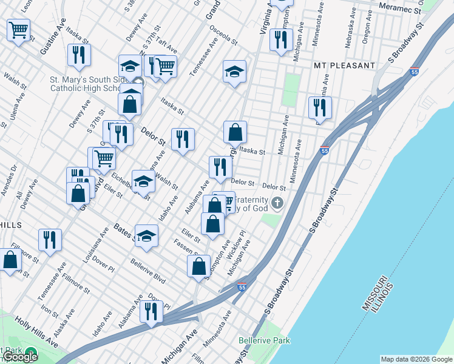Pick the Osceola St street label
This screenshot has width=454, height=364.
pyautogui.click(x=223, y=36)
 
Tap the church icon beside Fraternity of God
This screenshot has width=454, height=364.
pyautogui.click(x=277, y=203)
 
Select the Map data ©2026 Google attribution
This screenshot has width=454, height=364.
pyautogui.click(x=416, y=359)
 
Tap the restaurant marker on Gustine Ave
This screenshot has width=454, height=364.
pyautogui.click(x=79, y=56)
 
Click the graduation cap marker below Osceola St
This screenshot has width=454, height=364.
pyautogui.click(x=234, y=72)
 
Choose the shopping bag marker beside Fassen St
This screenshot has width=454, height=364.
pyautogui.click(x=198, y=266)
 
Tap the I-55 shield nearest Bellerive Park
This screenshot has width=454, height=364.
pyautogui.click(x=242, y=287)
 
